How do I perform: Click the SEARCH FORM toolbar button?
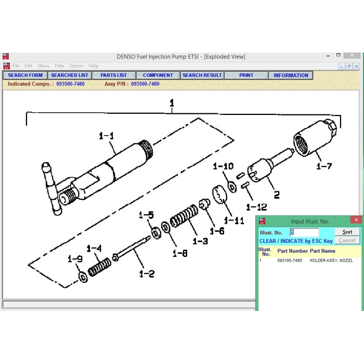click(x=25, y=75)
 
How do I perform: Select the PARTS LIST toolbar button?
click(x=113, y=75)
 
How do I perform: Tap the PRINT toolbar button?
click(x=246, y=75)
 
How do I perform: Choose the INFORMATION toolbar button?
click(x=291, y=75)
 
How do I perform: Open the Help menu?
click(x=93, y=66)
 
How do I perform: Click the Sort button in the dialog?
click(x=347, y=232)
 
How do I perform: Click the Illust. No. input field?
click(x=304, y=232)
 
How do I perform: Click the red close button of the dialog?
click(x=356, y=220)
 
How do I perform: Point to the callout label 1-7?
click(x=324, y=166)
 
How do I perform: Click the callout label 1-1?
click(x=106, y=136)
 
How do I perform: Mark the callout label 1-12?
click(x=256, y=207)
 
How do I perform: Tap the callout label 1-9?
click(x=75, y=259)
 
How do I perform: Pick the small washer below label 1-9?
click(x=83, y=276)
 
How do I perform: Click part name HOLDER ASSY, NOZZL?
click(x=331, y=261)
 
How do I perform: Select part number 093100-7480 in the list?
click(x=289, y=261)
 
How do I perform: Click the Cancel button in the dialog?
click(x=347, y=240)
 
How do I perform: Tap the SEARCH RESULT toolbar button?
click(x=202, y=75)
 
